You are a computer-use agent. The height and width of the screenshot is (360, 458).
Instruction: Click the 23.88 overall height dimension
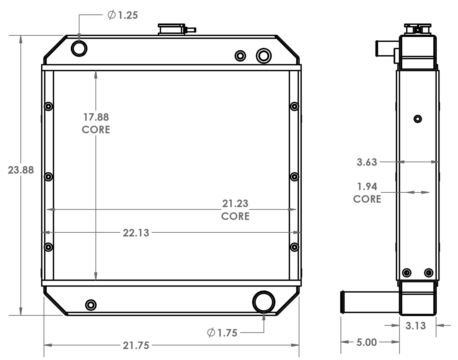click(21, 170)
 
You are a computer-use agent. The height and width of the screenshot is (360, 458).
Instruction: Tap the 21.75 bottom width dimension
click(136, 345)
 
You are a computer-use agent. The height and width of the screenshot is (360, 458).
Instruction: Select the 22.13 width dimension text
click(136, 233)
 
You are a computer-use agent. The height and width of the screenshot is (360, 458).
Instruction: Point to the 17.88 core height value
click(96, 117)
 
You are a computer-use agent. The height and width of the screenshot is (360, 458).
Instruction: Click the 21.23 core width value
click(235, 204)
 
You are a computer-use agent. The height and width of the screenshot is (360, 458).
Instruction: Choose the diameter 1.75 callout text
click(223, 333)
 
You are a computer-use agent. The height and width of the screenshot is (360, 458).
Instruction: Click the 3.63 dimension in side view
click(367, 162)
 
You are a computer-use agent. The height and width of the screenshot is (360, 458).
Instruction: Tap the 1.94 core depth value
click(367, 186)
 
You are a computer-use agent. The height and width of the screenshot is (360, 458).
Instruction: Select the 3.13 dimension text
click(415, 326)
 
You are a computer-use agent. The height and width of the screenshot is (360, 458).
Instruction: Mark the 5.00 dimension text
click(366, 342)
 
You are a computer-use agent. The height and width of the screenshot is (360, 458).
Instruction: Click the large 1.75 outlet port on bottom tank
click(264, 302)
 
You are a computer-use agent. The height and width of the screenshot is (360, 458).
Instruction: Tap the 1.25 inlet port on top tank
click(79, 48)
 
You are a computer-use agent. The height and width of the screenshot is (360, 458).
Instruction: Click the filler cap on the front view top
click(171, 29)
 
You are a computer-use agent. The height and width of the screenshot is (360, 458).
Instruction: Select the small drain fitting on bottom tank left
click(91, 305)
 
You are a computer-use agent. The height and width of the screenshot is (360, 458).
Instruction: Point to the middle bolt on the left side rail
click(48, 177)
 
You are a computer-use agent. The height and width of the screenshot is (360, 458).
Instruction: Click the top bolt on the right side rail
click(294, 106)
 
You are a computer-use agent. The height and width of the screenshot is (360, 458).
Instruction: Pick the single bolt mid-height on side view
click(418, 119)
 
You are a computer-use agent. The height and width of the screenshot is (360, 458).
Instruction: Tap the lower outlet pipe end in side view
click(343, 302)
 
